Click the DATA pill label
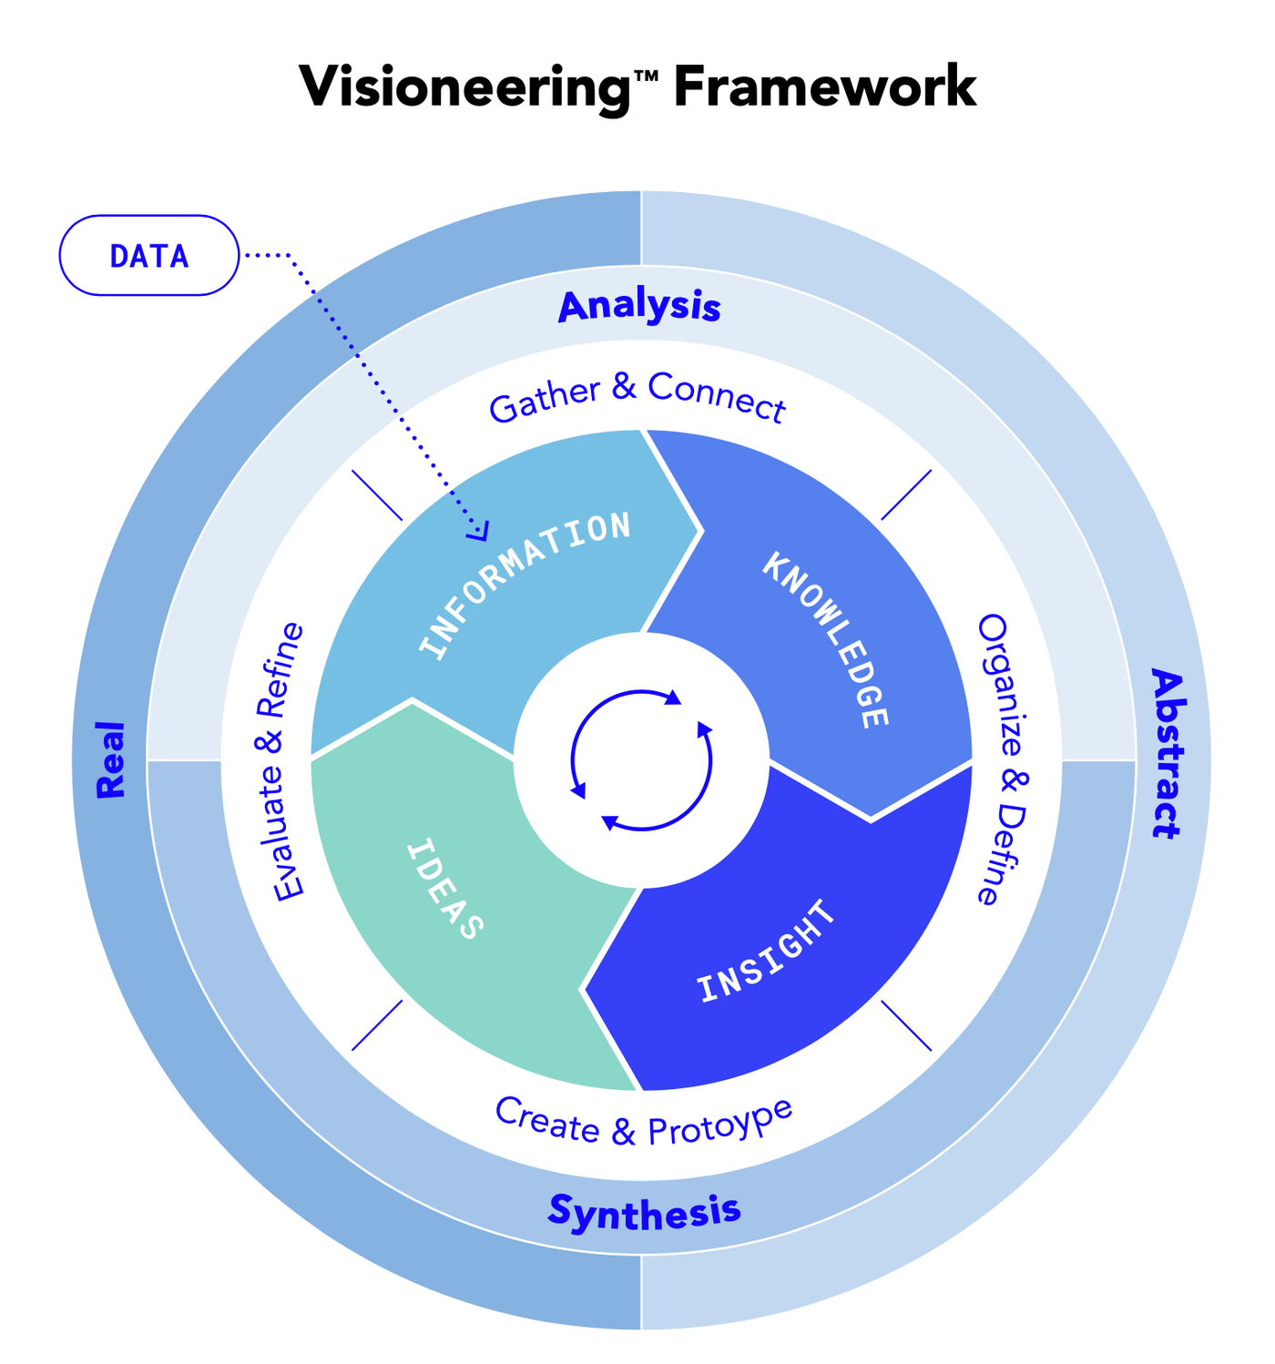[x=149, y=256]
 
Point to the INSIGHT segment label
[x=766, y=952]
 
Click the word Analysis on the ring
[x=639, y=307]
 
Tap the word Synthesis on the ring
[x=644, y=1211]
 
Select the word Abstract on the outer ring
[x=1166, y=753]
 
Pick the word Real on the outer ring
[x=111, y=759]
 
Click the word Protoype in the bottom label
[x=720, y=1123]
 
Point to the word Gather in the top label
[x=545, y=401]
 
